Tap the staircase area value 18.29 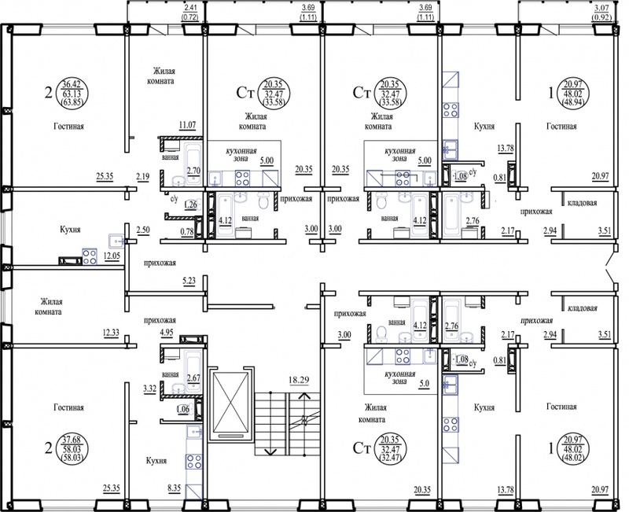pyautogui.click(x=299, y=380)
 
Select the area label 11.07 pyautogui.click(x=187, y=125)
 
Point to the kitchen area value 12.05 pyautogui.click(x=112, y=256)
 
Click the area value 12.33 pyautogui.click(x=111, y=332)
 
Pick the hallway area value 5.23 pyautogui.click(x=189, y=281)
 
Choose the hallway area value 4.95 pyautogui.click(x=167, y=331)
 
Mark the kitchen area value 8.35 pyautogui.click(x=175, y=488)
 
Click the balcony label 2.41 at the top pyautogui.click(x=191, y=7)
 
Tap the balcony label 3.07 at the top pyautogui.click(x=601, y=7)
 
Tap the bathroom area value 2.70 pyautogui.click(x=193, y=171)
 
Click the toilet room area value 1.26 pyautogui.click(x=190, y=205)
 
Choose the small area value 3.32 pyautogui.click(x=149, y=388)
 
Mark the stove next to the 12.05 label pyautogui.click(x=90, y=257)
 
